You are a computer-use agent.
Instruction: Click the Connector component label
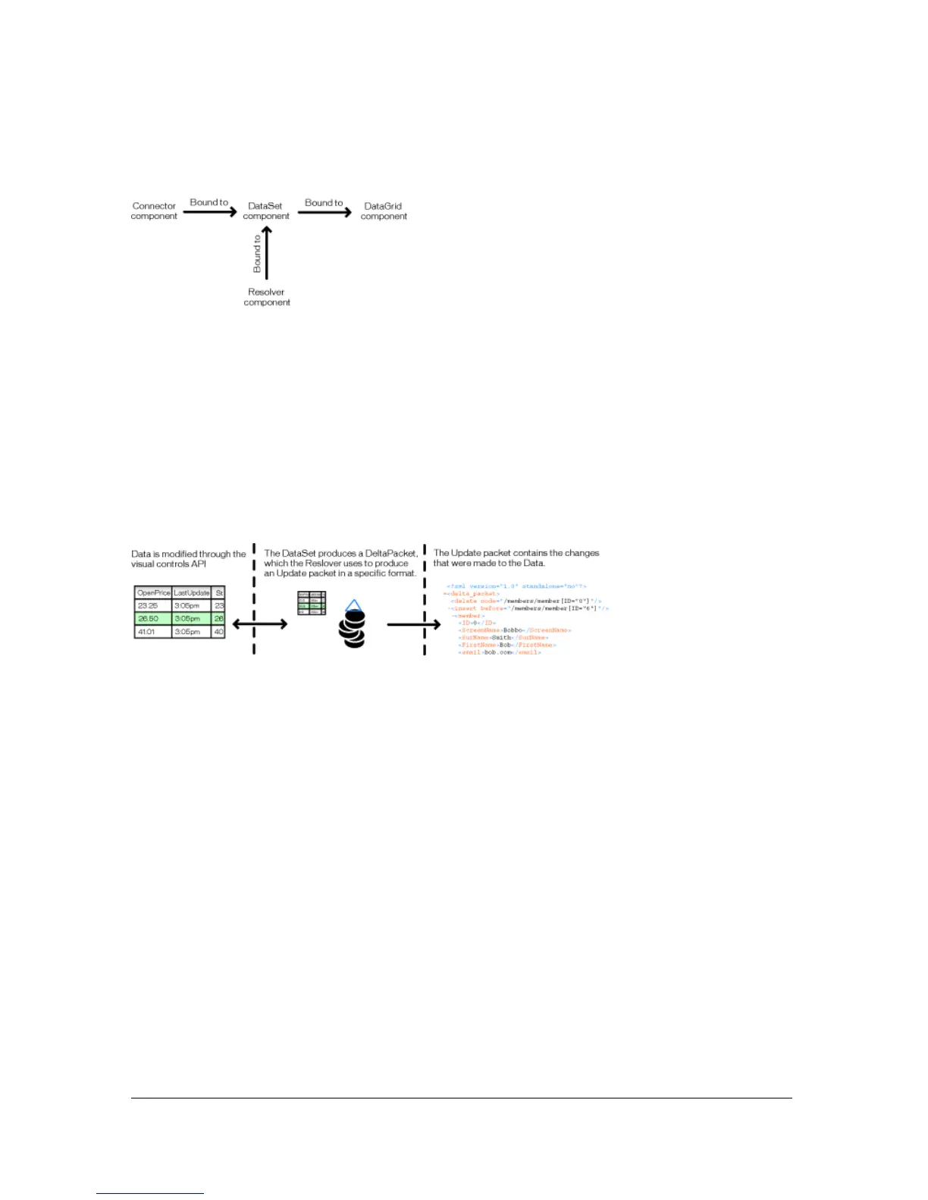pos(154,211)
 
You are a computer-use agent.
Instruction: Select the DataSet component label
pos(266,211)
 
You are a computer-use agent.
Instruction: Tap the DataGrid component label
pos(384,211)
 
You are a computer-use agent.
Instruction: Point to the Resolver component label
pos(267,297)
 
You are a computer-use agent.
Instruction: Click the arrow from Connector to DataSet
pos(210,212)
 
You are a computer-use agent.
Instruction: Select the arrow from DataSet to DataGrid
pos(324,212)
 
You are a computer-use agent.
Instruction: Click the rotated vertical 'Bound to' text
pos(257,254)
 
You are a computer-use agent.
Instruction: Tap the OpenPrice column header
pos(153,592)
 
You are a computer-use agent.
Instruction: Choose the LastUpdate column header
pos(191,592)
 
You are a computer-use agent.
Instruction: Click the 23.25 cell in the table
pos(149,606)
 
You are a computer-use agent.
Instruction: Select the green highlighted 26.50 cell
pos(149,619)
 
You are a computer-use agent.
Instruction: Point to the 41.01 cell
pos(148,632)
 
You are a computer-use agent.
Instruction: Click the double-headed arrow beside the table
pos(259,624)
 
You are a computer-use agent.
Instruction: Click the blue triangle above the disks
pos(353,605)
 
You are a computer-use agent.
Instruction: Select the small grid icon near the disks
pos(312,603)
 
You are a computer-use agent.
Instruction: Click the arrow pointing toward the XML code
pos(413,625)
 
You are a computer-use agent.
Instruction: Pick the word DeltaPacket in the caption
pos(391,554)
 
